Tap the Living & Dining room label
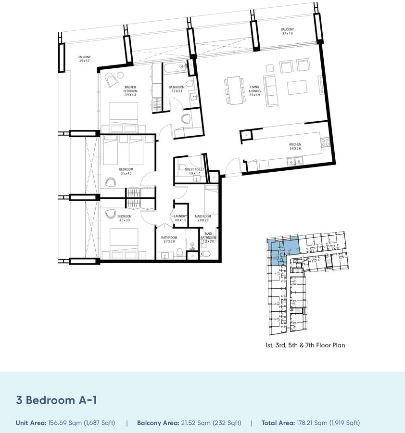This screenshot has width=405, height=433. tap(254, 91)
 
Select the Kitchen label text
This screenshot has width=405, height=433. tap(295, 146)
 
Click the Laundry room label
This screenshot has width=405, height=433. tap(180, 218)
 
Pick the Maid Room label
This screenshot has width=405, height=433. tap(203, 218)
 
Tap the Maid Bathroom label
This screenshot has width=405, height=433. tap(208, 238)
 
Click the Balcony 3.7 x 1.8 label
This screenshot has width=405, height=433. tap(288, 32)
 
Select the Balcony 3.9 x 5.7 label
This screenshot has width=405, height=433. tap(84, 59)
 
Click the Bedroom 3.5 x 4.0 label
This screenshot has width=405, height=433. tap(126, 172)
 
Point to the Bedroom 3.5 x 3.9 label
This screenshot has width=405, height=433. tap(124, 218)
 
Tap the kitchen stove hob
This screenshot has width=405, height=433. tap(325, 142)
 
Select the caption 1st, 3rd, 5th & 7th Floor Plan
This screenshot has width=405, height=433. tap(304, 345)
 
